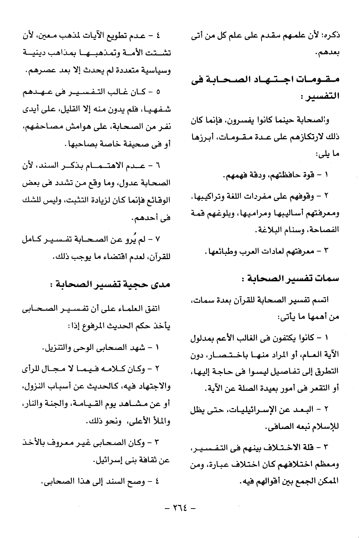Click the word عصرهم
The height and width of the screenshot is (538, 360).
[39, 72]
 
